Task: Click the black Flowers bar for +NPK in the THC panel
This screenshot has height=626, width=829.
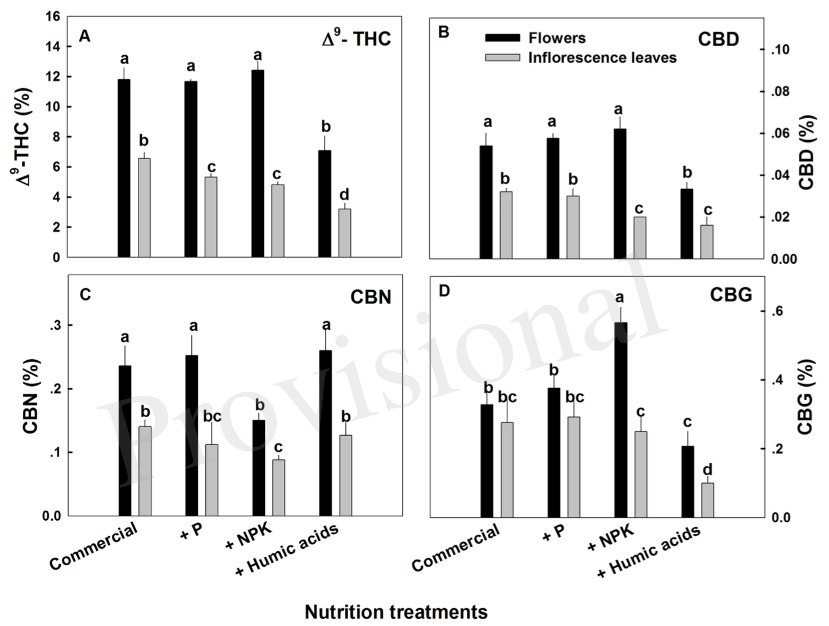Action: pos(258,163)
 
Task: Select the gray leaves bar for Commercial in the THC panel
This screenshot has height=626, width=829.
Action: pos(145,208)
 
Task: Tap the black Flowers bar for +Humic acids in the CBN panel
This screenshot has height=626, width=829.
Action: pos(325,433)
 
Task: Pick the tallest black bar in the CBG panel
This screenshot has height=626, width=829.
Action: pos(620,419)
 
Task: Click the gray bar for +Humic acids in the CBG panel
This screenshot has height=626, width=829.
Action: pos(708,500)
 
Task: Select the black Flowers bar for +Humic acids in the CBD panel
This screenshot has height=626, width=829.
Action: pos(687,223)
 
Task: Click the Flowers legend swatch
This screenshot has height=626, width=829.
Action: pos(502,38)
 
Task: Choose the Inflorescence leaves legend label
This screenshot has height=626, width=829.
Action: pos(602,57)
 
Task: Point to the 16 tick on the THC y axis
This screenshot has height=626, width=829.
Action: pos(53,17)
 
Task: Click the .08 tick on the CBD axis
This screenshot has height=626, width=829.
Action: pos(779,92)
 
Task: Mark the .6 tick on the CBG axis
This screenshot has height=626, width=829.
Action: pos(777,312)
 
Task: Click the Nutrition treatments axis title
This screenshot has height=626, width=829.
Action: pos(396,611)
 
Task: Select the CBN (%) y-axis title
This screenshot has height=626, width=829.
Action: pos(31,396)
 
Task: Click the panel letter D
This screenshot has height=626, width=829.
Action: pos(444,292)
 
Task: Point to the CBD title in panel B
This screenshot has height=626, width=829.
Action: pos(718,39)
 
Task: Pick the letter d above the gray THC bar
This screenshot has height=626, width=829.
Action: pos(344,195)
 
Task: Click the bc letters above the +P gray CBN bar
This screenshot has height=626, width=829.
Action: pos(212,417)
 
